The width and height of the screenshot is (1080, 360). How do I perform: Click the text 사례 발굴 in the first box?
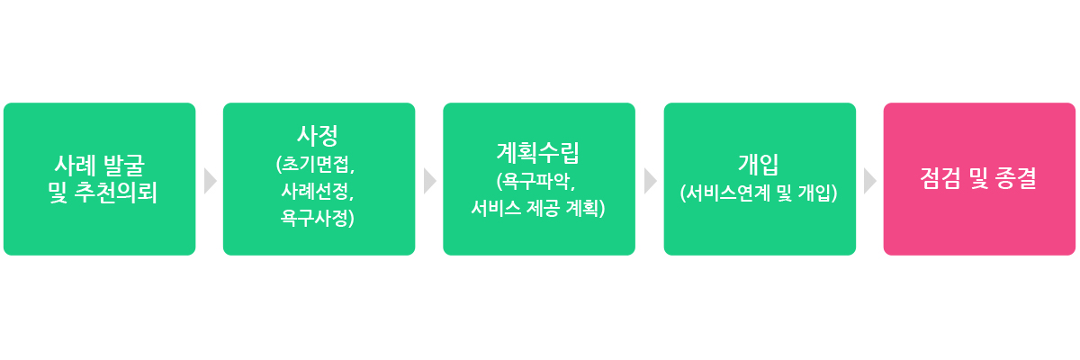pos(100,166)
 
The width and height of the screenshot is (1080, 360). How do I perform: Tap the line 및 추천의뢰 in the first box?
pos(103,193)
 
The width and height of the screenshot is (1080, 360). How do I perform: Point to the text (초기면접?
pos(315,165)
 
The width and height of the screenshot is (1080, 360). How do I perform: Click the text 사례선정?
pos(318,192)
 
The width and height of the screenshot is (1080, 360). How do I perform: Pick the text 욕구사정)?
pos(317,218)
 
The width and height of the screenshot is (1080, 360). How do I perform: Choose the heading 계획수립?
pos(538,153)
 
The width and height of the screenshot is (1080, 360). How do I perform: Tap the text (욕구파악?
pos(536,181)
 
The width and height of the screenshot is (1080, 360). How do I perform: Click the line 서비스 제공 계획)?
pos(538,208)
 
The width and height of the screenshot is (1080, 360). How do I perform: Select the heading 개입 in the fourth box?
pos(759,165)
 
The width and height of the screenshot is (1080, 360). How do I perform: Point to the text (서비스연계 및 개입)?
pos(759,193)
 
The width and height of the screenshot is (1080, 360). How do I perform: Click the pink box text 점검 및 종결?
pos(978,178)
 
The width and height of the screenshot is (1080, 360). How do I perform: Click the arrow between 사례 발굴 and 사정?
pos(211,181)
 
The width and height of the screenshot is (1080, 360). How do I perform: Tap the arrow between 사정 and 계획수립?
pos(430,181)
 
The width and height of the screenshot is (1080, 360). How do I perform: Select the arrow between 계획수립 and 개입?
pos(651,181)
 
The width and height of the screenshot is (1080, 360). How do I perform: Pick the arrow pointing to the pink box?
pos(870,181)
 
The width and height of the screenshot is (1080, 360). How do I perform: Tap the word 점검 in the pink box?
pos(940,178)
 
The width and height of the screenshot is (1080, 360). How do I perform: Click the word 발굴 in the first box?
pos(124,166)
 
